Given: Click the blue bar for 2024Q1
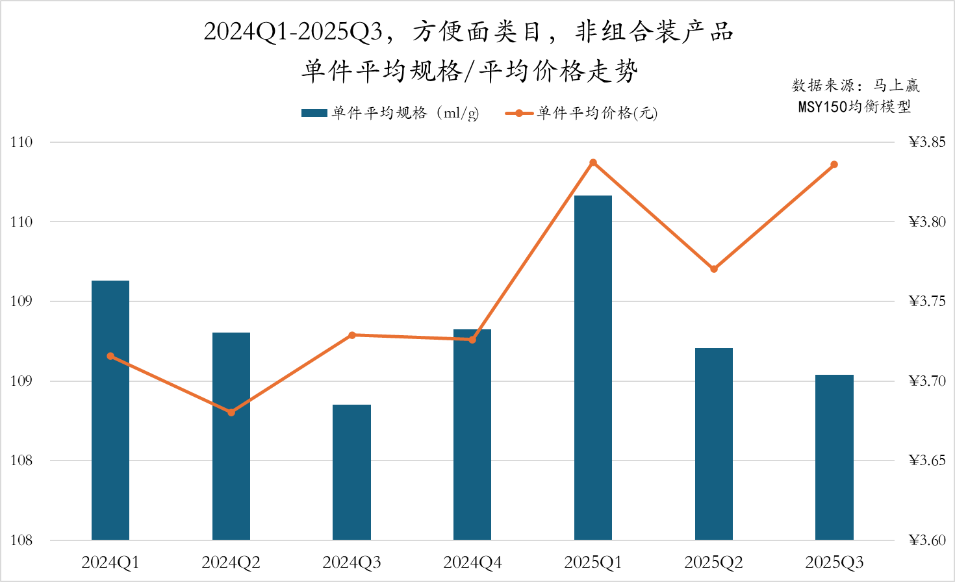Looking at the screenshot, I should coord(110,410).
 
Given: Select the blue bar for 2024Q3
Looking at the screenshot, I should coord(351,472).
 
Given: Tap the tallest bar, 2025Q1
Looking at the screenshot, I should coord(593,367).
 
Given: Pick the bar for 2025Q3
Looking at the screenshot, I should coord(834,457).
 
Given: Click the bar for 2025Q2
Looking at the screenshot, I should coord(714,444).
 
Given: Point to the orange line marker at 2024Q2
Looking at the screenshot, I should coord(231,412).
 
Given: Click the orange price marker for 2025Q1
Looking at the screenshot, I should coord(593,162).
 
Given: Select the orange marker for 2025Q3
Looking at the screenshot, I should coord(834,165).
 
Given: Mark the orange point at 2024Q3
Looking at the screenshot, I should coord(352,335).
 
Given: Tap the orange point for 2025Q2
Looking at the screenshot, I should coord(714,269).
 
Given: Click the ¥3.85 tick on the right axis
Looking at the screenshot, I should coord(927,142).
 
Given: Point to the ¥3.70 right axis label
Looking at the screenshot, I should coord(927,381).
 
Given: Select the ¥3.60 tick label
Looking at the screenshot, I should coord(927,540).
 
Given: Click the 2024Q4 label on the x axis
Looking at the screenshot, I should coord(472,563).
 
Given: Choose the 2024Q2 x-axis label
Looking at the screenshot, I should coord(231,563).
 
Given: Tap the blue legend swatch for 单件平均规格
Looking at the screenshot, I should coord(314,114).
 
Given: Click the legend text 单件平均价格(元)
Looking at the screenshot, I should coord(597,114).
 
